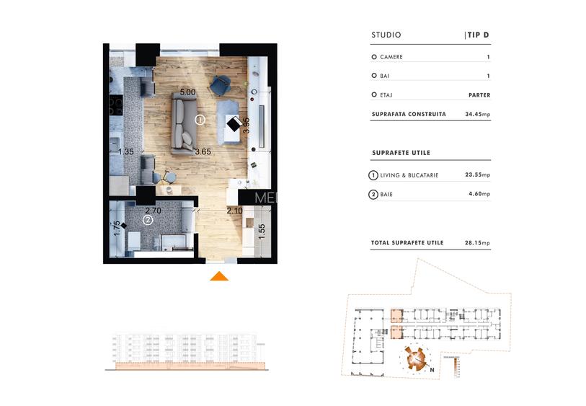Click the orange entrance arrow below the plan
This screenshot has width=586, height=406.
(x=219, y=275)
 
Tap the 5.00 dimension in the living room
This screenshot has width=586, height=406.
(x=187, y=93)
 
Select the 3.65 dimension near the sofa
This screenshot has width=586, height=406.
(x=203, y=151)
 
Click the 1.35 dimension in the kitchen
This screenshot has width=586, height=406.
(x=125, y=151)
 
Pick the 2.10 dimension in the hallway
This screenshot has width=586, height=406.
(x=235, y=211)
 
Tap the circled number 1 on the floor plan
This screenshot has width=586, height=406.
(x=200, y=120)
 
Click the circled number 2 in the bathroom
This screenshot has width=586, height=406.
(x=147, y=220)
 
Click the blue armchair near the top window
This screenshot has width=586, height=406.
(x=219, y=84)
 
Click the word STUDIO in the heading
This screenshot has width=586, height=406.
(x=386, y=35)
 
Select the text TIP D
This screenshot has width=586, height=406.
(x=478, y=35)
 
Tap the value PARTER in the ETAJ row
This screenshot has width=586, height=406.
(x=478, y=94)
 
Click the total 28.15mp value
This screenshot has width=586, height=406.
(x=477, y=243)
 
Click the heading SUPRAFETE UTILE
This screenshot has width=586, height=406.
(x=401, y=153)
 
